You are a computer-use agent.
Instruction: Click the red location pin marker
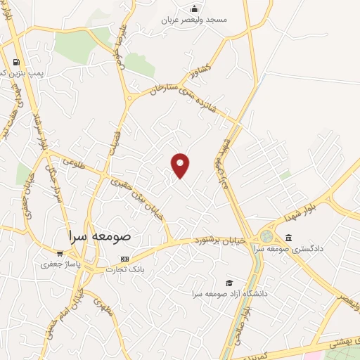(x=181, y=165)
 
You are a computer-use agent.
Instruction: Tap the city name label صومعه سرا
(x=102, y=236)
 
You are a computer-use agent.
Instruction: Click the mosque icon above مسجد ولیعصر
(x=195, y=8)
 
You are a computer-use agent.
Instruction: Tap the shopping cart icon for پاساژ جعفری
(x=60, y=254)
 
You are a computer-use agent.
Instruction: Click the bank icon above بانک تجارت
(x=125, y=258)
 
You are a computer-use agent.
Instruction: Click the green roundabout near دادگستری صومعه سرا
(x=267, y=236)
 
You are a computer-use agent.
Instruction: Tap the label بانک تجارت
(x=125, y=269)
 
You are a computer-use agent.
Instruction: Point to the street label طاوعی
(x=73, y=162)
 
